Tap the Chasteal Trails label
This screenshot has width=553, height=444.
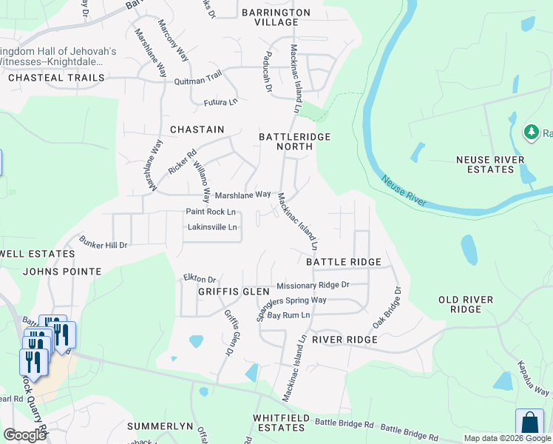point(52,78)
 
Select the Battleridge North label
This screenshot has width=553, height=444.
point(294,141)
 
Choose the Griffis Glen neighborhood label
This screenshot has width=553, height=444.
point(234,292)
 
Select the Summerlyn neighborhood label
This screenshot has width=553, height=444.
point(160,427)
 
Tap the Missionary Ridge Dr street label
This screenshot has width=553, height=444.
point(312,285)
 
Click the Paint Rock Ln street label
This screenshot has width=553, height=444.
point(211,212)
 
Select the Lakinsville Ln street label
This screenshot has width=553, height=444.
point(212,227)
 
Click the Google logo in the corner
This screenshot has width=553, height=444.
point(24,435)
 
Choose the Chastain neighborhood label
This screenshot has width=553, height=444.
point(197,129)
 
